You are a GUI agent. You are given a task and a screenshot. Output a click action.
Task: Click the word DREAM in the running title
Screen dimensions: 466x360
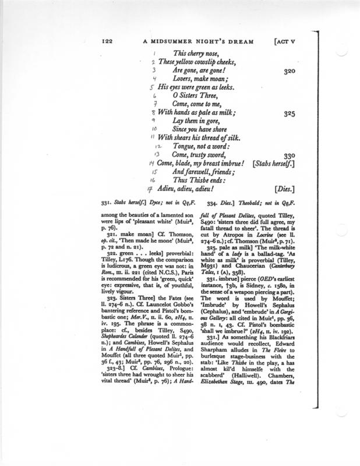pyautogui.click(x=232, y=41)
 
